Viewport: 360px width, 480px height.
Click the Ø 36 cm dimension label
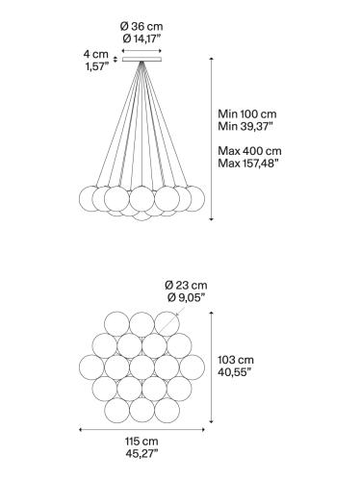tap(143, 24)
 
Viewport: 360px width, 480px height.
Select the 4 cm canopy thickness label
tap(94, 55)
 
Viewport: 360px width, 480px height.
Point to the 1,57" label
tap(94, 68)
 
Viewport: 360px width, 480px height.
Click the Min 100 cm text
tap(248, 112)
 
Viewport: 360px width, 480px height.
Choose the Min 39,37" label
tap(248, 125)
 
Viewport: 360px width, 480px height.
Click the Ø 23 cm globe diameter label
tap(187, 286)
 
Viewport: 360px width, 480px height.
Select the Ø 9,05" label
tap(186, 299)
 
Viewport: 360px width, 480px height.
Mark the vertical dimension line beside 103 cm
tap(215, 366)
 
